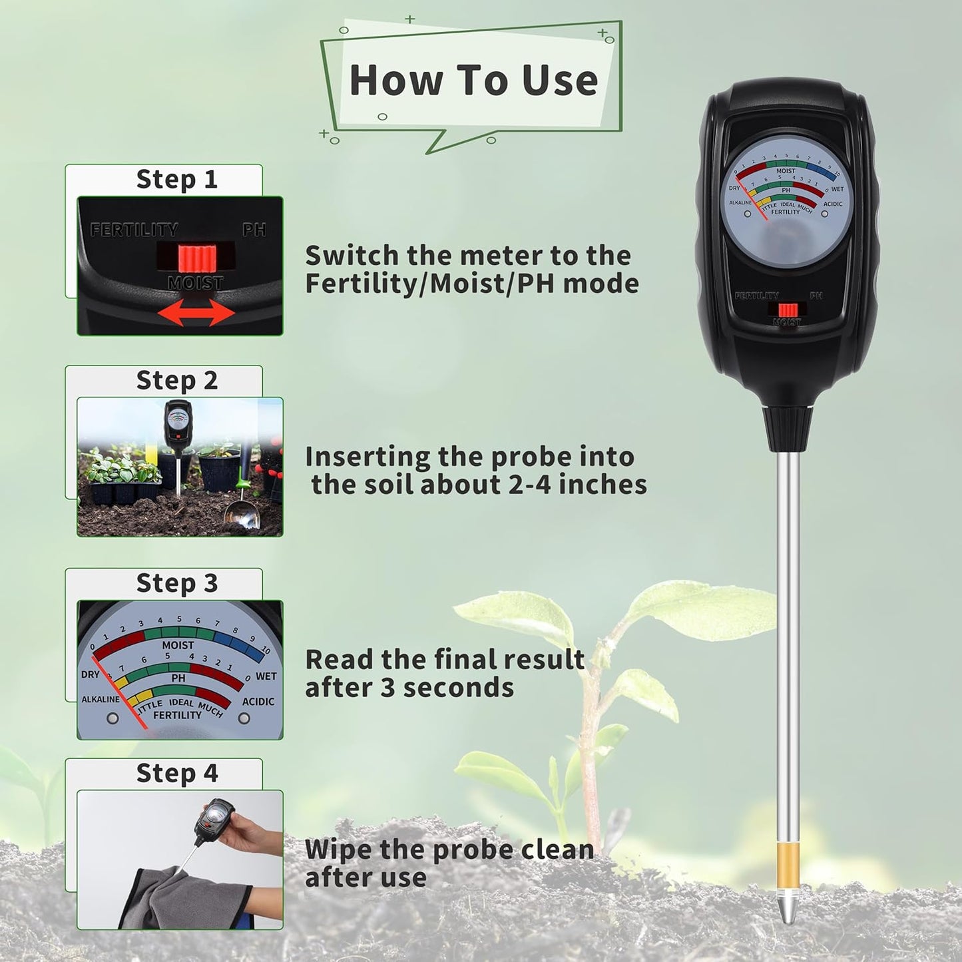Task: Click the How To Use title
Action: pyautogui.click(x=473, y=81)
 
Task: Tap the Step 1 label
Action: pyautogui.click(x=176, y=179)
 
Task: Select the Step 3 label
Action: pyautogui.click(x=176, y=583)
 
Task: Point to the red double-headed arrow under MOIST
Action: pyautogui.click(x=196, y=312)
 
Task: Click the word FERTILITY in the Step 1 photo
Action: pyautogui.click(x=134, y=230)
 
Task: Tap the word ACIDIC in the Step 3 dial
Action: pyautogui.click(x=258, y=701)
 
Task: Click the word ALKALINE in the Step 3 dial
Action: pyautogui.click(x=101, y=699)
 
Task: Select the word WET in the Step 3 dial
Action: pyautogui.click(x=266, y=676)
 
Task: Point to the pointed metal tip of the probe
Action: pyautogui.click(x=787, y=913)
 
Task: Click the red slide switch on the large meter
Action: pyautogui.click(x=788, y=310)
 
